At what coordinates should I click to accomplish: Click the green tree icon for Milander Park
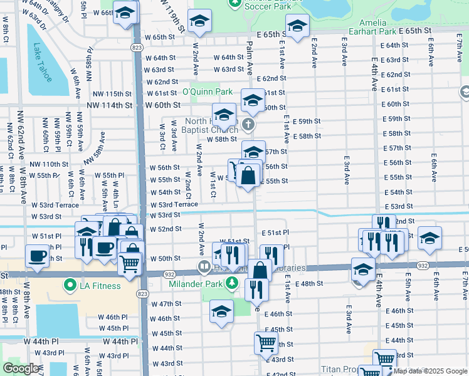[x=233, y=282]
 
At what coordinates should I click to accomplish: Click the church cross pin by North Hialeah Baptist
[x=250, y=123]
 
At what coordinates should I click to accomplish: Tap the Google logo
[x=21, y=368]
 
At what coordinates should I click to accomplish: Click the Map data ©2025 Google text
[x=429, y=371]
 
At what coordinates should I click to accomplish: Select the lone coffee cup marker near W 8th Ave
[x=37, y=256]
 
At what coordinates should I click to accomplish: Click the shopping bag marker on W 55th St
[x=248, y=177]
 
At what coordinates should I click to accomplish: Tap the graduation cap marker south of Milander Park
[x=221, y=311]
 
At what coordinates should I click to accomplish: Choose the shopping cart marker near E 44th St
[x=266, y=343]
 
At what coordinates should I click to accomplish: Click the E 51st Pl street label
[x=275, y=232]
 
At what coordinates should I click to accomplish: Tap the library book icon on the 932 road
[x=204, y=268]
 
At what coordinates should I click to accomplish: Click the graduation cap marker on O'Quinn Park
[x=253, y=100]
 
